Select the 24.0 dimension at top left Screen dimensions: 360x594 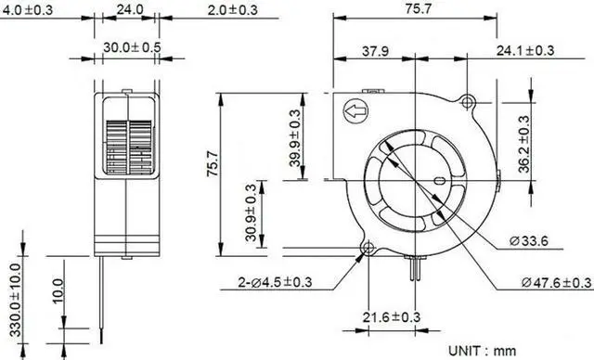(x=130, y=9)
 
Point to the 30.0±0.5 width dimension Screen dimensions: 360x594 (x=131, y=46)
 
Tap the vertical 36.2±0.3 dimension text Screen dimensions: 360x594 (x=523, y=144)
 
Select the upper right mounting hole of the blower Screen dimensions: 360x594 (x=469, y=99)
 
